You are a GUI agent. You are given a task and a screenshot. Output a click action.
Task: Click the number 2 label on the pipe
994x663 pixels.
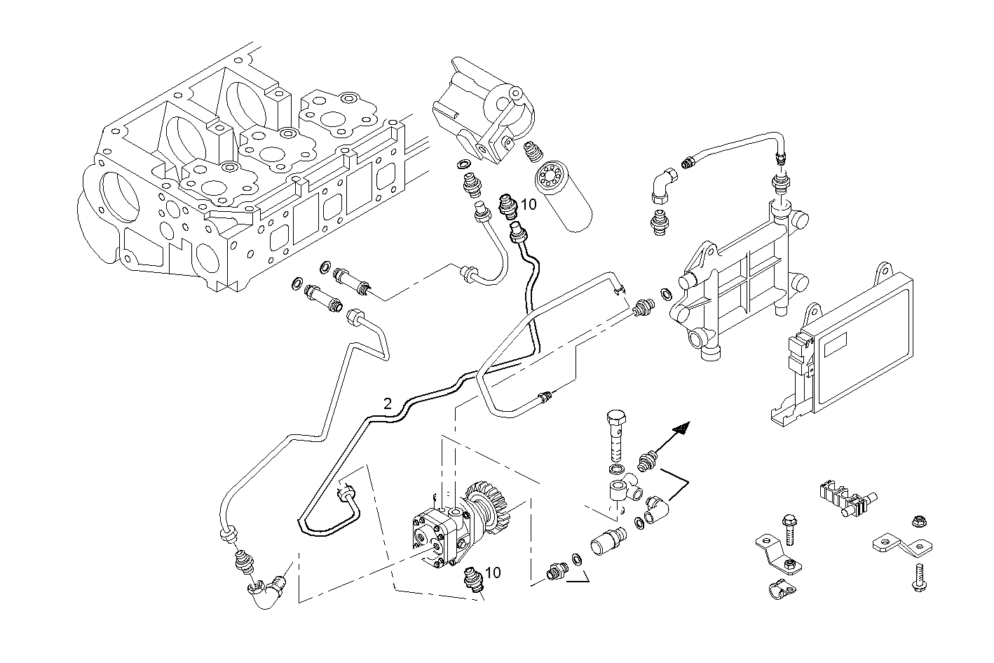click(x=387, y=403)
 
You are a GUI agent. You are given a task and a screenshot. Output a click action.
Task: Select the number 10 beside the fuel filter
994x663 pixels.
click(x=529, y=204)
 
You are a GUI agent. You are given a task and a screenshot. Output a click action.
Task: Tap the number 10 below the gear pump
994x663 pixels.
click(x=493, y=572)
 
